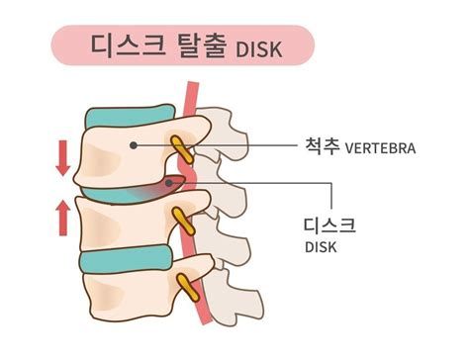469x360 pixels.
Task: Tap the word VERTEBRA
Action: pos(381,149)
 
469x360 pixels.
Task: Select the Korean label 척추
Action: pos(324,148)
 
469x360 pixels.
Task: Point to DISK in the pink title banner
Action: pos(262,48)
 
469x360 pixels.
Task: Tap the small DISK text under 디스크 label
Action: pos(321,247)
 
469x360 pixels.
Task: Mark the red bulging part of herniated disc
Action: pos(172,184)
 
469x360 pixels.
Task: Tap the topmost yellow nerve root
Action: pos(180,148)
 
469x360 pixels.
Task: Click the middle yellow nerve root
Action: pos(180,219)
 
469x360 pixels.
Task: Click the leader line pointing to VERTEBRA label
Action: pos(228,146)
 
